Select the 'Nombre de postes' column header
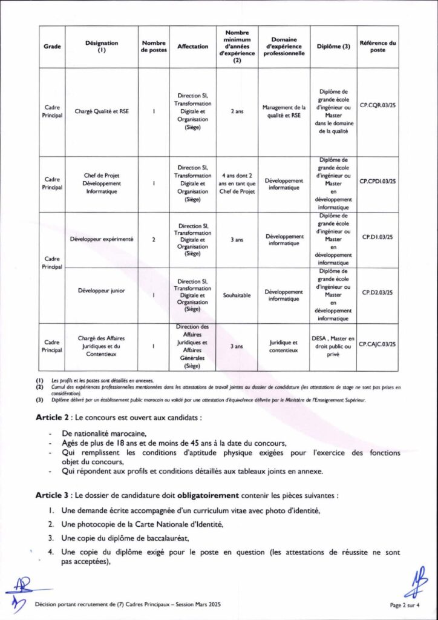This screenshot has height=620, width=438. (x=154, y=47)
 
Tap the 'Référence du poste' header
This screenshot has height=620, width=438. (x=378, y=47)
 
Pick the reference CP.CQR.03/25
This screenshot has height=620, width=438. (x=378, y=105)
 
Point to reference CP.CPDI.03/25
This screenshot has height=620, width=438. (x=378, y=181)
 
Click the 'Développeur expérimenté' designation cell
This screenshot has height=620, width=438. (x=102, y=239)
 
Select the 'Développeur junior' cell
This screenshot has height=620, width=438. (x=102, y=291)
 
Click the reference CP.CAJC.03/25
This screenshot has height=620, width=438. (x=378, y=343)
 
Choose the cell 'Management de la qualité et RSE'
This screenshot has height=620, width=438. (x=284, y=111)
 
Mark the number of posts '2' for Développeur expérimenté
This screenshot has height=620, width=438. (x=154, y=240)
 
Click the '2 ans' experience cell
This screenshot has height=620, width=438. (x=237, y=111)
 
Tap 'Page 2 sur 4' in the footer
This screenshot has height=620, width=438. (x=405, y=604)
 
